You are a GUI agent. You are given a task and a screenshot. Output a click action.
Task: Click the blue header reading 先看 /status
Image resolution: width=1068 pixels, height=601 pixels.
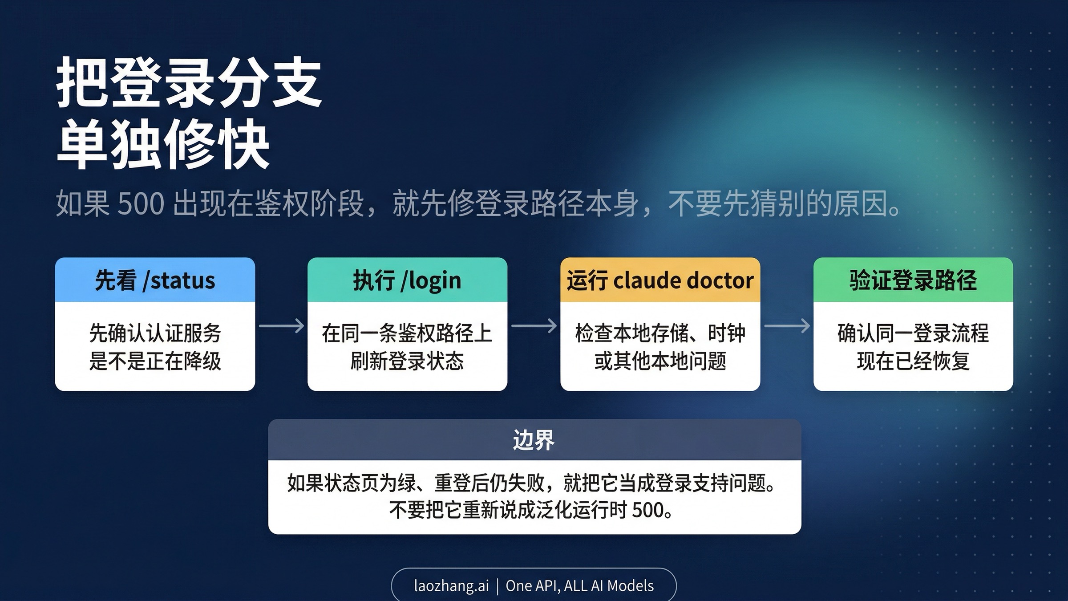tap(155, 280)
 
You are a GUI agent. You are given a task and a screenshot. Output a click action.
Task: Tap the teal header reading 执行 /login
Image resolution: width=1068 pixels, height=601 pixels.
tap(407, 280)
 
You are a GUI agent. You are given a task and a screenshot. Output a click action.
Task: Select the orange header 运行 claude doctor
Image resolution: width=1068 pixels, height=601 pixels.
tap(660, 280)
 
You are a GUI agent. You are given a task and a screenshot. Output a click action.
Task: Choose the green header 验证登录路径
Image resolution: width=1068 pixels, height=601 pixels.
tap(913, 280)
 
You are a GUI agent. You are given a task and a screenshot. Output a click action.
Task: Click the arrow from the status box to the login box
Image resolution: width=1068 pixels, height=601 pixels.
tap(281, 326)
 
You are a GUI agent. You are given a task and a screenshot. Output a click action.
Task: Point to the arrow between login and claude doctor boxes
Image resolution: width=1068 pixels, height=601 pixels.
tap(534, 326)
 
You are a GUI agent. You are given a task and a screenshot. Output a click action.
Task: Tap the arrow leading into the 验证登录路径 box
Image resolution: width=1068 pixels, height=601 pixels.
tap(787, 326)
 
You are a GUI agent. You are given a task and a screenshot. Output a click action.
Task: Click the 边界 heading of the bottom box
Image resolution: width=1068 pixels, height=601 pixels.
tap(534, 440)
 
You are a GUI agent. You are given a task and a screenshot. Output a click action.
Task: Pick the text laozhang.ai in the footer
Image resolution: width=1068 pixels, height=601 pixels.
tap(451, 585)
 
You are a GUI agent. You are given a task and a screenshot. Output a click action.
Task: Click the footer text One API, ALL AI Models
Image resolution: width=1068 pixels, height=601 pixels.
tap(580, 585)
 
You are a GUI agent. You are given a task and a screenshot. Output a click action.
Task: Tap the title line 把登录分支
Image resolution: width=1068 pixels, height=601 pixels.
tap(189, 83)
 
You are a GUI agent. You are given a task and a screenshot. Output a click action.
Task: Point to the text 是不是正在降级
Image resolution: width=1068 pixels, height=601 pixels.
tap(155, 361)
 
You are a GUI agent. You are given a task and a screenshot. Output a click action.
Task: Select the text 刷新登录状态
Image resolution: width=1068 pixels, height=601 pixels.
tap(407, 361)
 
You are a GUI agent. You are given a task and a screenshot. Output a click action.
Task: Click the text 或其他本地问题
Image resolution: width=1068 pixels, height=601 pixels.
tap(660, 361)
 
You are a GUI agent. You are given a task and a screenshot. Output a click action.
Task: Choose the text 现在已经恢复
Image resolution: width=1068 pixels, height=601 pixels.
tap(913, 361)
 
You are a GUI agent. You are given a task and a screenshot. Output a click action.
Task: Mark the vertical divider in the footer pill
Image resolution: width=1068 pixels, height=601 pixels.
tap(498, 585)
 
